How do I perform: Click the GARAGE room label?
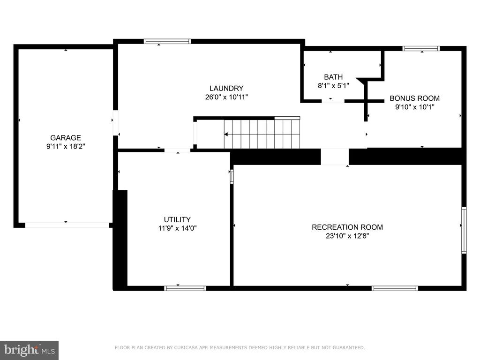click(x=66, y=138)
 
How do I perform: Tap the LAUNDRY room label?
click(x=226, y=88)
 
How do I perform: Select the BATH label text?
click(x=333, y=77)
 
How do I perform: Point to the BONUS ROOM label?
click(x=414, y=98)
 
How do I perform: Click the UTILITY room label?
click(x=177, y=219)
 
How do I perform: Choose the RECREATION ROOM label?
click(x=347, y=227)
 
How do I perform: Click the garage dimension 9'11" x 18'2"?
click(x=66, y=146)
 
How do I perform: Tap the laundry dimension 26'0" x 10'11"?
click(x=226, y=97)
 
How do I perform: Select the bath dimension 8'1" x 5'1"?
click(x=333, y=86)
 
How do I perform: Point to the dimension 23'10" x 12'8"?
click(x=347, y=236)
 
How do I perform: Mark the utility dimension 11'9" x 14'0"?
click(x=177, y=228)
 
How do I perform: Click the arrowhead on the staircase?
click(x=226, y=134)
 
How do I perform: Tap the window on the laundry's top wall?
click(x=167, y=41)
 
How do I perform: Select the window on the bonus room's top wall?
click(x=421, y=48)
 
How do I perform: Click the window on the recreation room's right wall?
click(x=464, y=230)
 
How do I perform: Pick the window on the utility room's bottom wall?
click(x=185, y=288)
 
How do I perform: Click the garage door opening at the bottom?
click(x=67, y=225)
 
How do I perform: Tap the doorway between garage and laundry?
click(x=115, y=123)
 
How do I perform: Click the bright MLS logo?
click(x=30, y=350)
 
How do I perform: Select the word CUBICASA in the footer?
click(x=186, y=347)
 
